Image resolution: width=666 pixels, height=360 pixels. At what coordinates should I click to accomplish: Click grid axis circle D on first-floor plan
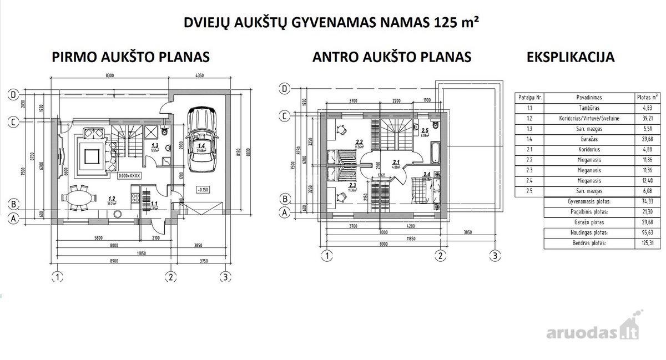(x=13, y=94)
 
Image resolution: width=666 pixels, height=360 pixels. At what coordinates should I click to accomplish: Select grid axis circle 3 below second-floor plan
(x=495, y=256)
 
